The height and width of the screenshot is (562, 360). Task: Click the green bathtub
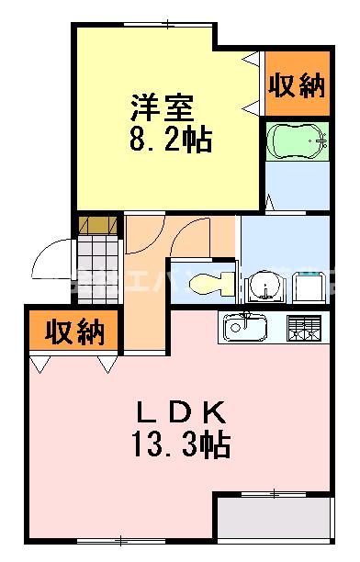point(297,141)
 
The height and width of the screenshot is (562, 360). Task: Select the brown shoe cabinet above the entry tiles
point(98,225)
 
